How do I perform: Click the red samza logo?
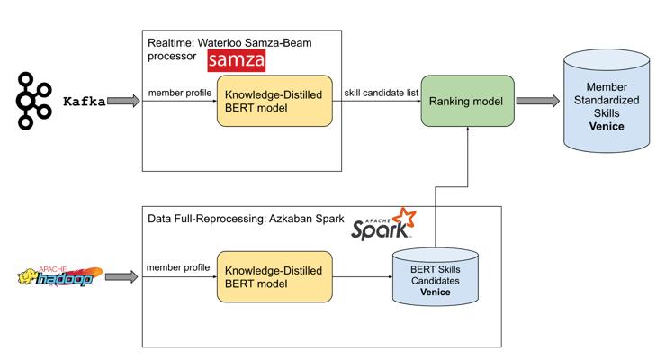[x=237, y=60]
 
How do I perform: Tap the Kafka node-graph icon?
[x=33, y=101]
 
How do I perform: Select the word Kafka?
[x=84, y=102]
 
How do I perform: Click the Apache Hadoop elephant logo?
[x=59, y=277]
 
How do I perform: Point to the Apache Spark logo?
[x=383, y=225]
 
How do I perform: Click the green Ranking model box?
[x=467, y=101]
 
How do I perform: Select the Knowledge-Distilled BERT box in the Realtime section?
[x=274, y=101]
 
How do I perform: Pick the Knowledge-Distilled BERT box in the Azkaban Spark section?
[x=274, y=277]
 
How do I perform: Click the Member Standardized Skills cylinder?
[x=606, y=101]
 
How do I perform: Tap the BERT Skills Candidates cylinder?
[x=436, y=277]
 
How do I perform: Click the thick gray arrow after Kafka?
[x=123, y=101]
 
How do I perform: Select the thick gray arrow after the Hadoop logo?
[x=121, y=277]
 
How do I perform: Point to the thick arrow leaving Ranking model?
[x=538, y=101]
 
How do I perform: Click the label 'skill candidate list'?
[x=381, y=93]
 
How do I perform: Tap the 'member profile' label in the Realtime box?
[x=180, y=93]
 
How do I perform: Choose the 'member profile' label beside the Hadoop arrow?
[x=178, y=267]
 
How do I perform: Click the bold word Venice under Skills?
[x=607, y=126]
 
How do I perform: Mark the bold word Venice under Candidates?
[x=436, y=292]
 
